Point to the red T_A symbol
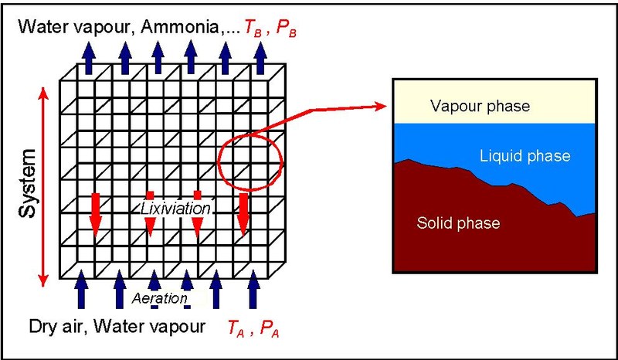[235, 328]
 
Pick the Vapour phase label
[480, 106]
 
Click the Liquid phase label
[525, 156]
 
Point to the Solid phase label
[458, 223]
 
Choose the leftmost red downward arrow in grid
[95, 213]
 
